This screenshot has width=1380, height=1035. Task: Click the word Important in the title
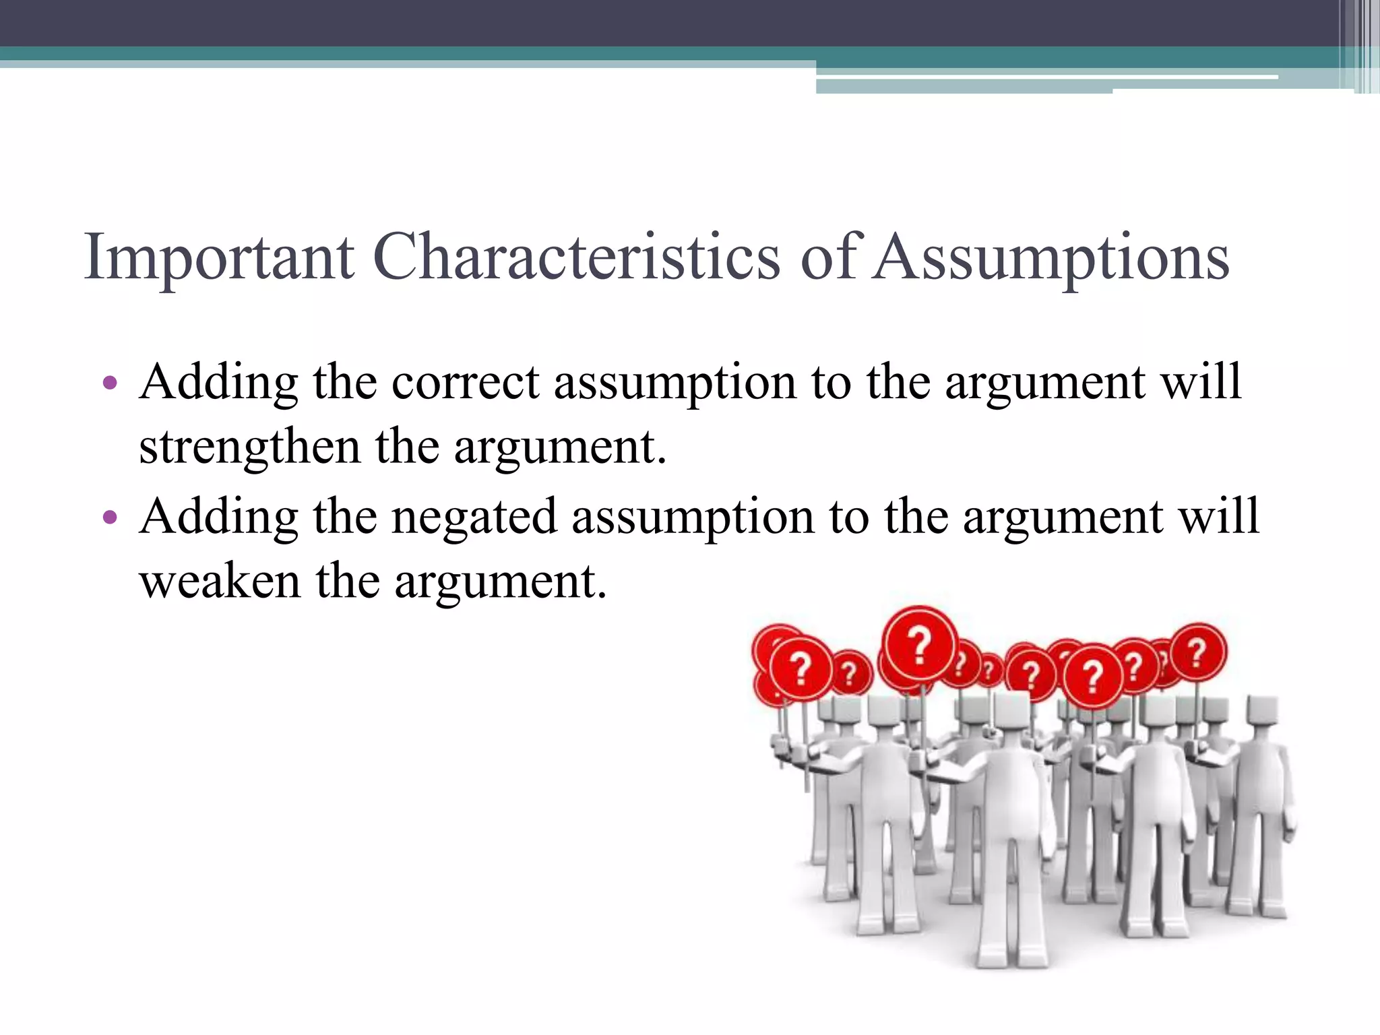pos(218,257)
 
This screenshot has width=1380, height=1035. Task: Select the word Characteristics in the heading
pos(576,257)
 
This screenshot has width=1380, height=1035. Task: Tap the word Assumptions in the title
pos(1051,257)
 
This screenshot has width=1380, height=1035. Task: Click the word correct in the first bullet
pos(466,382)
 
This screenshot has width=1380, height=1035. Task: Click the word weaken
pos(220,580)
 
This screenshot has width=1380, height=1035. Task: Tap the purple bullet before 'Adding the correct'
pos(110,384)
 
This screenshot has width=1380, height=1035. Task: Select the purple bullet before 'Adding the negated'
pos(110,517)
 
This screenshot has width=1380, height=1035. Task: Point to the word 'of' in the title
pos(830,257)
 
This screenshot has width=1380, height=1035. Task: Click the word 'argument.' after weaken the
pos(501,580)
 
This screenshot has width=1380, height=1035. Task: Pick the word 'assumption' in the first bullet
pos(675,382)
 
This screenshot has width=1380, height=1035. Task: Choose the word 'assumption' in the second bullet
pos(693,516)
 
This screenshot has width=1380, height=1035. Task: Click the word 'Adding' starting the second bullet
pos(218,516)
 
